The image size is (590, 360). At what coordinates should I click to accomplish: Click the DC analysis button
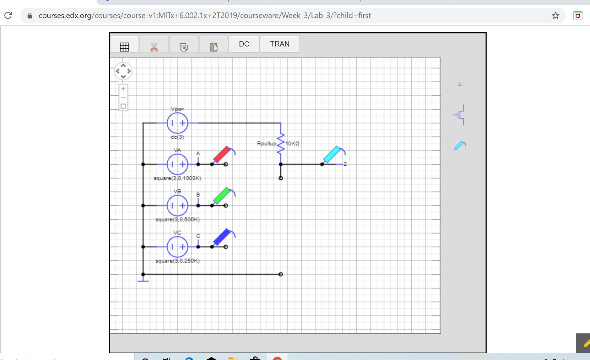pyautogui.click(x=244, y=44)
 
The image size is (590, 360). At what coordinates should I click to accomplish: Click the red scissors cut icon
pyautogui.click(x=154, y=47)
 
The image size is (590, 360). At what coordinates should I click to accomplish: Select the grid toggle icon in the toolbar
pyautogui.click(x=124, y=47)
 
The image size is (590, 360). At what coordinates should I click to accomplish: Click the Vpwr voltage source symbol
pyautogui.click(x=177, y=123)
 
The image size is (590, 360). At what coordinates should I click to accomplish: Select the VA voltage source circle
pyautogui.click(x=177, y=164)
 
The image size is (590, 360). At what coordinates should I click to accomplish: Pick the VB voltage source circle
pyautogui.click(x=177, y=206)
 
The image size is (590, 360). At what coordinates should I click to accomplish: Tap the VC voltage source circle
pyautogui.click(x=177, y=247)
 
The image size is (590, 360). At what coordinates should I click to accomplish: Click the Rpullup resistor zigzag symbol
pyautogui.click(x=281, y=143)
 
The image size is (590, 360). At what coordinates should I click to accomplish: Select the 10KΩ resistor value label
pyautogui.click(x=292, y=143)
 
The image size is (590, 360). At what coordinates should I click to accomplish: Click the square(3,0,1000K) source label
pyautogui.click(x=177, y=178)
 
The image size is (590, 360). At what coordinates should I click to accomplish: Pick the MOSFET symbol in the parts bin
pyautogui.click(x=459, y=115)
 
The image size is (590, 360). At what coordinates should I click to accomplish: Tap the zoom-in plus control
pyautogui.click(x=123, y=89)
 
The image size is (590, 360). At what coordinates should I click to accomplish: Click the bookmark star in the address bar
pyautogui.click(x=555, y=16)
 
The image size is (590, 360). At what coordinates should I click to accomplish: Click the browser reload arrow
pyautogui.click(x=8, y=16)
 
